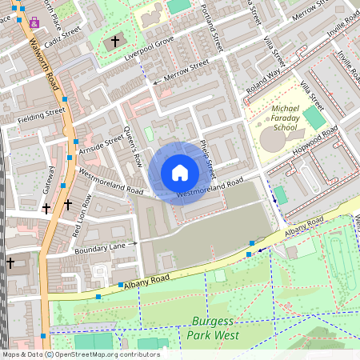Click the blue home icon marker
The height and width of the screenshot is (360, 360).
(180, 173)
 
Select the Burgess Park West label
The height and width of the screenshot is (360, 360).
(215, 329)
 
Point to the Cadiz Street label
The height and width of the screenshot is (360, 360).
(62, 38)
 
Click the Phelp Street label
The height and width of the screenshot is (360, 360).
(207, 157)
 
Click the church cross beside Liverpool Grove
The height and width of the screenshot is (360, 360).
(115, 41)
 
